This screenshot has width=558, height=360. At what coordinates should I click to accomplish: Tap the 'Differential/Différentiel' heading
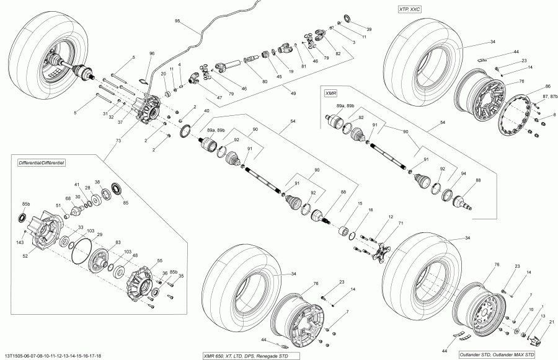coord(42,161)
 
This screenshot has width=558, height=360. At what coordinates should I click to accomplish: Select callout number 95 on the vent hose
coord(177,21)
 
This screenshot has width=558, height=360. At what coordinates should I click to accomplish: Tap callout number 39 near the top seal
coord(369,29)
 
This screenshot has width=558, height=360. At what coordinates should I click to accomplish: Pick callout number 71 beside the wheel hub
coord(401,222)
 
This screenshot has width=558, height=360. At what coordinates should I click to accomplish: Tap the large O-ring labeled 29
coord(81,247)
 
